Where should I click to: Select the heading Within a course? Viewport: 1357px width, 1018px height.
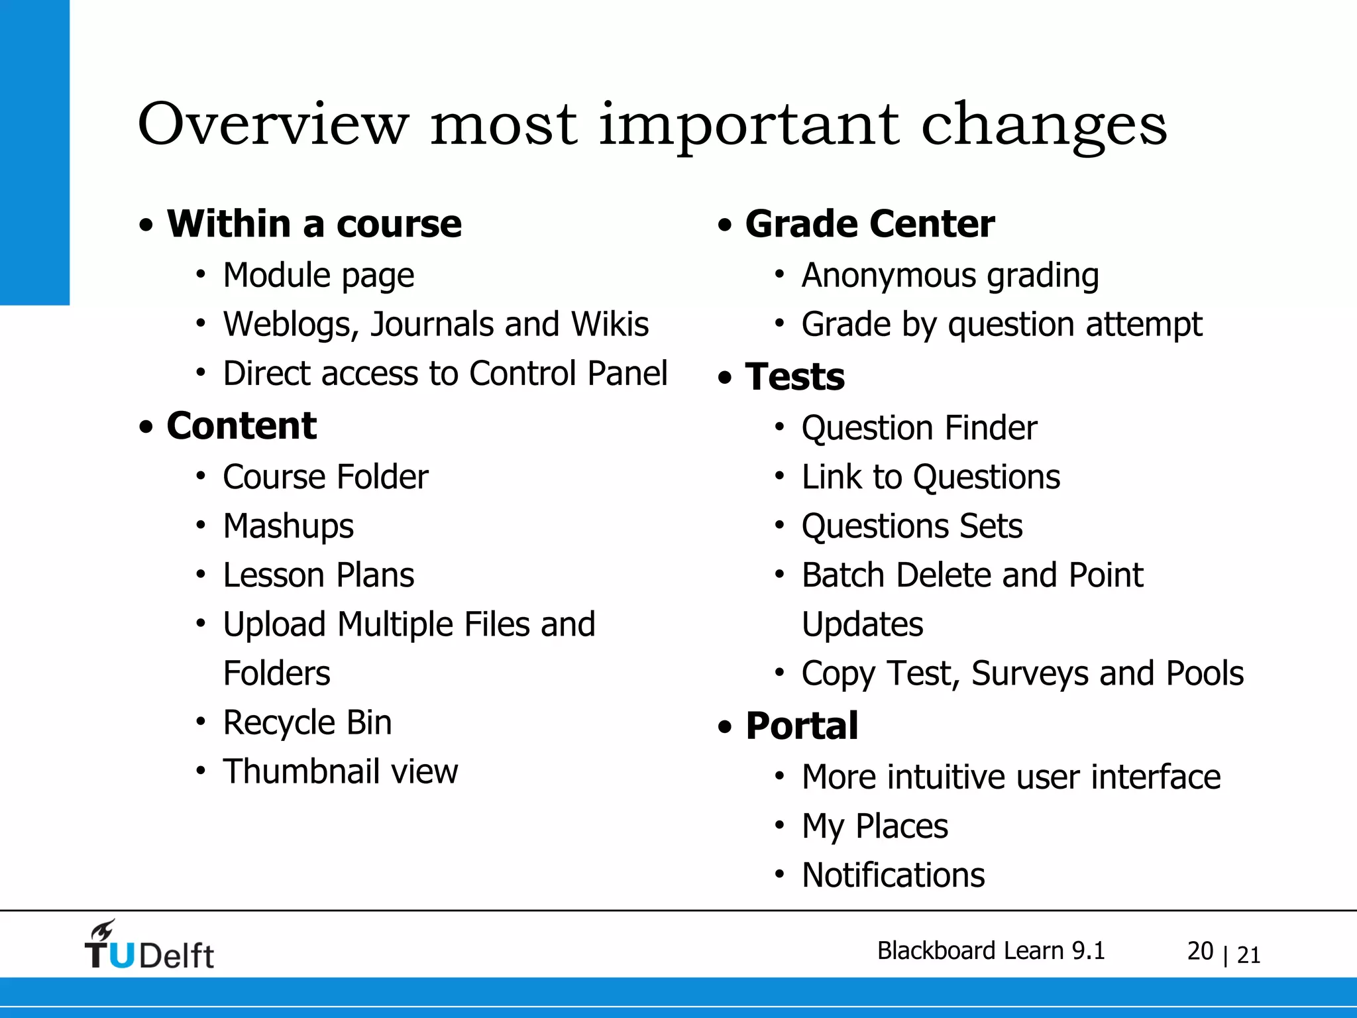coord(314,223)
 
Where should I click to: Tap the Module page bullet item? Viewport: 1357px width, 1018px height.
coord(318,275)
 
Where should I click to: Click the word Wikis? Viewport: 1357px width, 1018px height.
coord(610,324)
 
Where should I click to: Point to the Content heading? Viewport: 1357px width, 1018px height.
coord(241,425)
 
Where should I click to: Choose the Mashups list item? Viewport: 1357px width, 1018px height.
coord(288,526)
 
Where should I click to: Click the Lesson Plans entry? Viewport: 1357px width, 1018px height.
coord(318,575)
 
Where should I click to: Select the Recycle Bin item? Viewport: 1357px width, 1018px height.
coord(307,722)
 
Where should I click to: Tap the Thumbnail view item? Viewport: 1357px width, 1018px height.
coord(340,771)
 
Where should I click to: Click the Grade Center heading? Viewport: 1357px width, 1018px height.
coord(869,223)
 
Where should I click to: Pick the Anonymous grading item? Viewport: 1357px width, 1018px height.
coord(950,275)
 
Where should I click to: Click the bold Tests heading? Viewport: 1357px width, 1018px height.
coord(794,376)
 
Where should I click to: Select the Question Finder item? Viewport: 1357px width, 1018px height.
coord(919,427)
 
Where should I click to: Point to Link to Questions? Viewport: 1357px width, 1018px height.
coord(930,477)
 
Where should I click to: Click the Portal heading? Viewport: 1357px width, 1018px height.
coord(802,725)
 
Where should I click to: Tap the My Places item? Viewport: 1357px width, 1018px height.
coord(875,826)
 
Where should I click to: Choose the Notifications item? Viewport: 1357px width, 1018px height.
coord(893,875)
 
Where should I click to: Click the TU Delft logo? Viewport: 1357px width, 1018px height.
coord(149,946)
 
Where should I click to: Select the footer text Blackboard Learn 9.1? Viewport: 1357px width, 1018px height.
coord(991,950)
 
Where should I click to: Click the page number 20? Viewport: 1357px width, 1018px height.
coord(1200,951)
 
